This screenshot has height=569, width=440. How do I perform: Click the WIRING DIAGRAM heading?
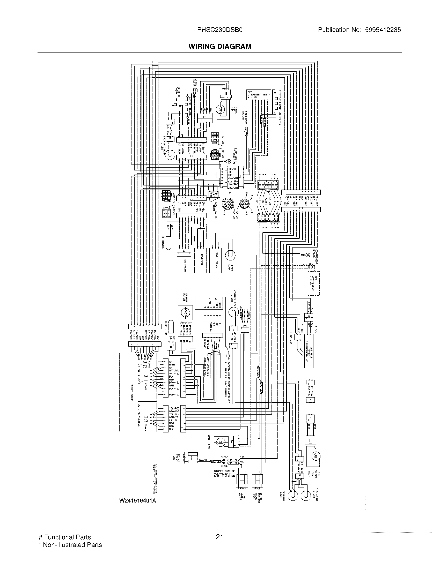[x=220, y=46]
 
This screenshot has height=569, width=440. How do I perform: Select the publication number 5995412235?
[x=383, y=30]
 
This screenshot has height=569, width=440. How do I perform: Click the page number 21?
[x=219, y=537]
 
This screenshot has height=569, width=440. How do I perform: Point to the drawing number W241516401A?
[x=138, y=500]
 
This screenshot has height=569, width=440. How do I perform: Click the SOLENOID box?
[x=200, y=260]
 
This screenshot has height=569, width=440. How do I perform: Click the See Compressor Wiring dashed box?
[x=313, y=283]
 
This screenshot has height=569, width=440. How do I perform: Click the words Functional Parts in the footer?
[x=67, y=537]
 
